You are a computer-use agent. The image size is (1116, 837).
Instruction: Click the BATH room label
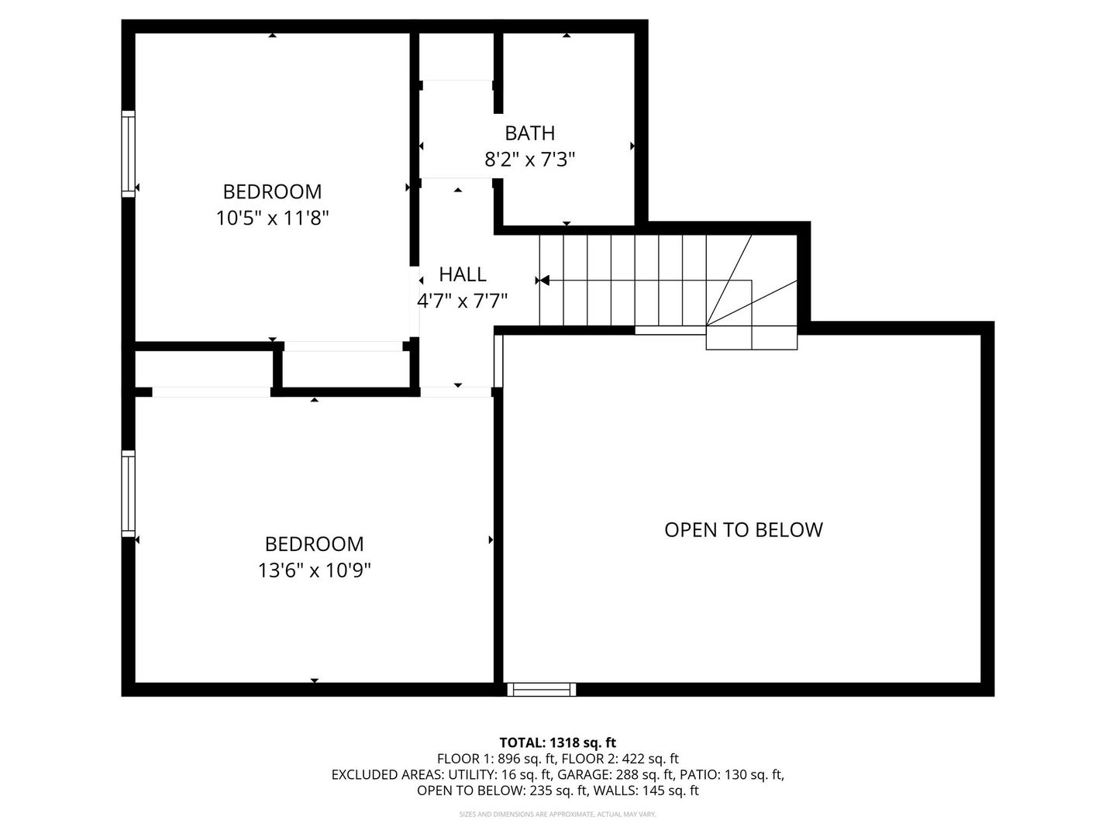point(530,133)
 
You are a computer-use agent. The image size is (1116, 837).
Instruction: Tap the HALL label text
point(463,274)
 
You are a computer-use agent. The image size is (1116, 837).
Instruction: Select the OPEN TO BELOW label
point(743,530)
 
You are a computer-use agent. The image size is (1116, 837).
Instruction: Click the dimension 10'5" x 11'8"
point(273,219)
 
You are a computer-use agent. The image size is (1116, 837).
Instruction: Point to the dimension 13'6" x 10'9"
point(315,571)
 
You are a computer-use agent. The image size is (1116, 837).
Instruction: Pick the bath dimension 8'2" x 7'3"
point(530,160)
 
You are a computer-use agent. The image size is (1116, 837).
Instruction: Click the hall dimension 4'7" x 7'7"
point(463,301)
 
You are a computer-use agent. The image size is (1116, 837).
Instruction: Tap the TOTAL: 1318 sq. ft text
point(558,742)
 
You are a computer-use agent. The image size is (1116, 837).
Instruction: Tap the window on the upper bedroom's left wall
point(129,153)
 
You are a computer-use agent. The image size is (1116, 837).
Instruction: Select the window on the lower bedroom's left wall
point(129,493)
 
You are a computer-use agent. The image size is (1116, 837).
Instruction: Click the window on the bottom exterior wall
point(542,689)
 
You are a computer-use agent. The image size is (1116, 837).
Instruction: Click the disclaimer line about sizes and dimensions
point(558,815)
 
